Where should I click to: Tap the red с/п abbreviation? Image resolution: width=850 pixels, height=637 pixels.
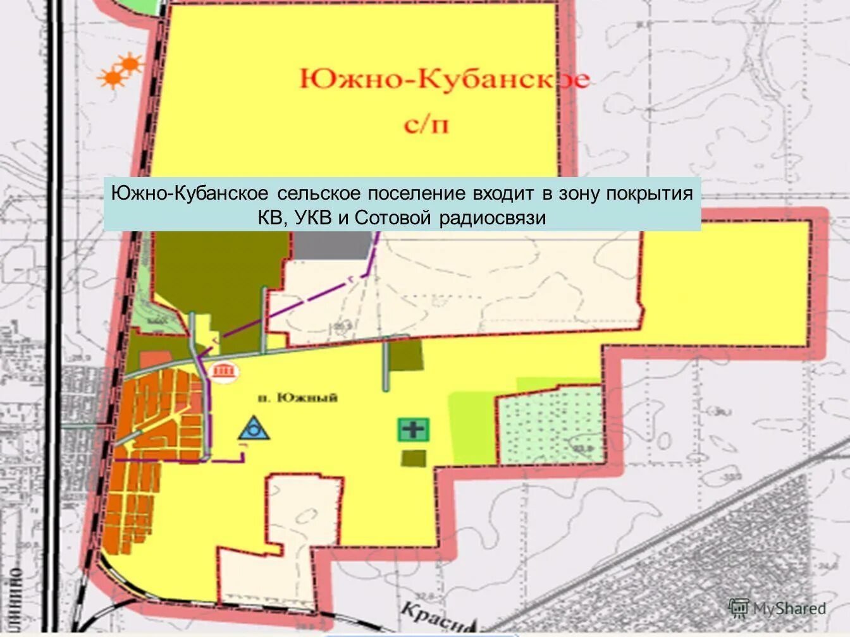tap(426, 124)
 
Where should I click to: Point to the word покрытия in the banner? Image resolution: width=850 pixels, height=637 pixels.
tap(650, 193)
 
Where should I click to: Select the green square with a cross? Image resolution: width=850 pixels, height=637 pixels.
tap(414, 430)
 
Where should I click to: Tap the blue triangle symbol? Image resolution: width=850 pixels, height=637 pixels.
tap(254, 429)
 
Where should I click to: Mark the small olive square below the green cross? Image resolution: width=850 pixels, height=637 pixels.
tap(413, 458)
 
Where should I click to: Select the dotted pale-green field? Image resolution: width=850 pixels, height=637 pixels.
tap(549, 425)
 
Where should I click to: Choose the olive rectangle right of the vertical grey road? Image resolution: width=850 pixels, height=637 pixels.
tap(405, 356)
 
